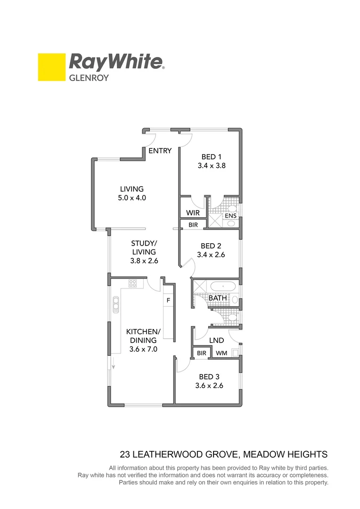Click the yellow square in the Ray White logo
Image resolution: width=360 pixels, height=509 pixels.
(51, 67)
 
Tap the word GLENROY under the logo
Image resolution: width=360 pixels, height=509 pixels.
(89, 78)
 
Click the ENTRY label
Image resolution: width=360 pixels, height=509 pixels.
(160, 151)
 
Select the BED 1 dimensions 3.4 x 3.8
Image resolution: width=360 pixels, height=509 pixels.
(211, 165)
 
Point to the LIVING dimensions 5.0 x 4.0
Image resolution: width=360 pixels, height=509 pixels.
(131, 198)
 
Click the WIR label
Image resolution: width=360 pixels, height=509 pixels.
(193, 213)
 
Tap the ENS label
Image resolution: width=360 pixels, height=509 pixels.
(230, 216)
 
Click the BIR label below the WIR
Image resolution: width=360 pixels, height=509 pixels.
(193, 225)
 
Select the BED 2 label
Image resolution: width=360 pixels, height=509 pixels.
(211, 246)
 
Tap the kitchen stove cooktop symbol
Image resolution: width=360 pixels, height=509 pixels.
(133, 283)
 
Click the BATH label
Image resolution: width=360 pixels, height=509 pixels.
(217, 298)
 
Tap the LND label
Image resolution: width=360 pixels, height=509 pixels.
(216, 340)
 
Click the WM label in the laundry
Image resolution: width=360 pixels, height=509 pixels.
(221, 353)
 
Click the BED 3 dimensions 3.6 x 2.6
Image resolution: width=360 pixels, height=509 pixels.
(209, 386)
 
